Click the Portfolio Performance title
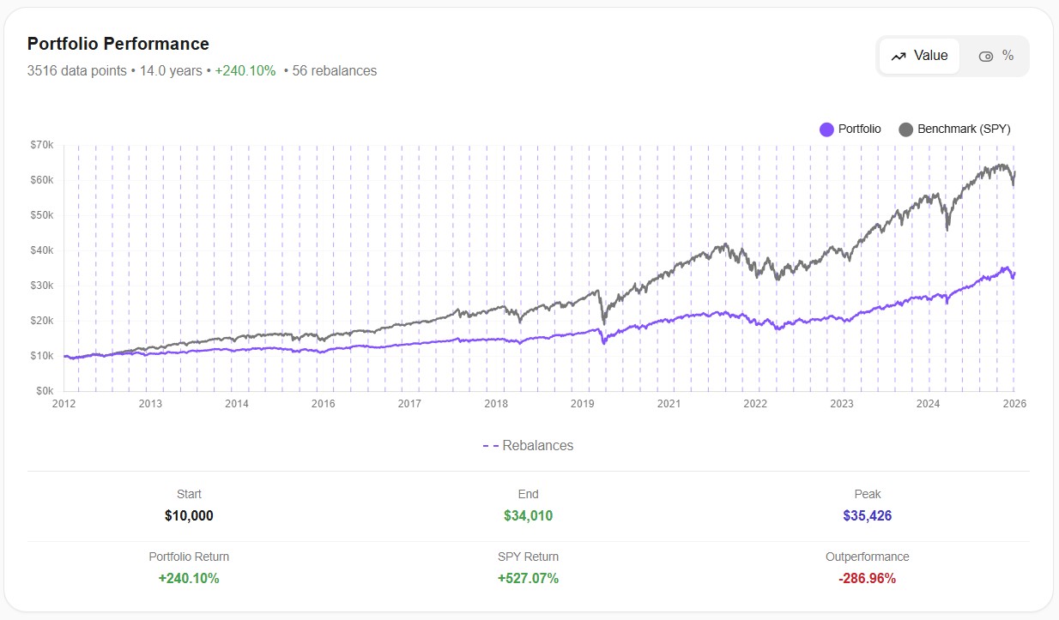click(118, 44)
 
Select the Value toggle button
click(919, 56)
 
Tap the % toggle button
click(996, 56)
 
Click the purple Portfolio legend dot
click(826, 129)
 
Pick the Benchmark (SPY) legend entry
click(954, 129)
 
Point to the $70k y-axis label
click(41, 145)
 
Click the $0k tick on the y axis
click(44, 391)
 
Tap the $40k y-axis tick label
click(41, 250)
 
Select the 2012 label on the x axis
click(64, 403)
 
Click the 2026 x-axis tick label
click(1014, 403)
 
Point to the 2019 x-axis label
click(582, 403)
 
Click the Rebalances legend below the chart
click(528, 446)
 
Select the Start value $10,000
click(189, 515)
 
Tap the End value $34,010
click(528, 515)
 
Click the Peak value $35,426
click(867, 515)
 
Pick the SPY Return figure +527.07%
click(528, 578)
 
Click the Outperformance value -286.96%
click(867, 578)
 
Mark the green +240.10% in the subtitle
click(245, 71)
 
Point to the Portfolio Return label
click(189, 557)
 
